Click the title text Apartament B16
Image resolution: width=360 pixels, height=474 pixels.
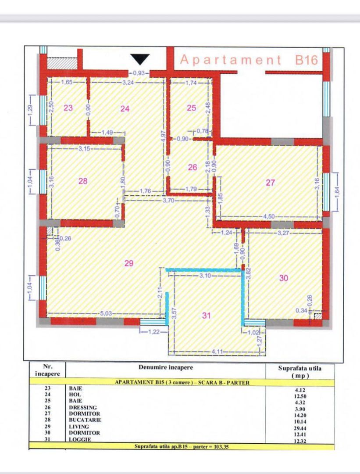pyautogui.click(x=249, y=60)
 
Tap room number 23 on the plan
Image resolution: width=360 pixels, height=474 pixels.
pyautogui.click(x=68, y=108)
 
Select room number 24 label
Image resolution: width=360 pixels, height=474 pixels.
pyautogui.click(x=125, y=108)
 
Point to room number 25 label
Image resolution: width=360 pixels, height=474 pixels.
pyautogui.click(x=192, y=108)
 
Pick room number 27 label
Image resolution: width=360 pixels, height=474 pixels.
pyautogui.click(x=270, y=183)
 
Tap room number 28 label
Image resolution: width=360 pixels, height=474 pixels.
pyautogui.click(x=83, y=180)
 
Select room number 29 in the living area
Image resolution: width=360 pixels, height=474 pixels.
pyautogui.click(x=128, y=263)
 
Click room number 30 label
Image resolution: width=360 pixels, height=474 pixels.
pyautogui.click(x=284, y=278)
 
